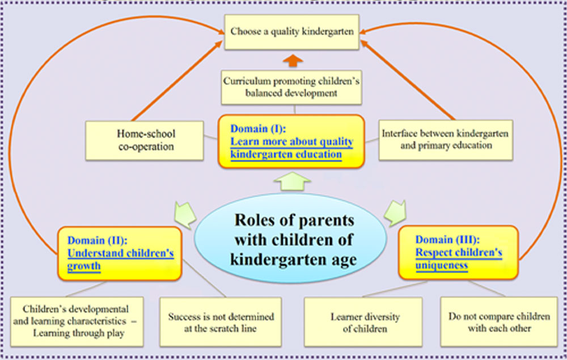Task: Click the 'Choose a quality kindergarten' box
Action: pos(291,32)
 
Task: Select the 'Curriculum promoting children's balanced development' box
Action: pos(291,87)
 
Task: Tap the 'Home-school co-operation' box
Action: pos(145,141)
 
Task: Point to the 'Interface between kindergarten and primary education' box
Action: pos(446,140)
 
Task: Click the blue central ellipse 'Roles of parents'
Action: pos(291,239)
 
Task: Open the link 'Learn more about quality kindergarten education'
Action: pos(291,148)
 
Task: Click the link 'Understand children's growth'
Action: pos(120,260)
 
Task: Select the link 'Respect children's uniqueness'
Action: pos(459,259)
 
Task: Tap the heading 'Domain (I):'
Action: pos(258,129)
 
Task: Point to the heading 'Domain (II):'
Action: pos(98,240)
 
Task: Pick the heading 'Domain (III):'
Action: pos(447,240)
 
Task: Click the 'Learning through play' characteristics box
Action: pos(77,321)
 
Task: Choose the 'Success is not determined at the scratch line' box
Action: pos(221,322)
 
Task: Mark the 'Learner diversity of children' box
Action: pos(363,322)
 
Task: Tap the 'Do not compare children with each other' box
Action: pos(499,321)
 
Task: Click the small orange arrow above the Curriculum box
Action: pos(293,61)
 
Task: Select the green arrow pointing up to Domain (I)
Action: pos(292,181)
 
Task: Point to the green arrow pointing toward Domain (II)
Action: pos(185,215)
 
